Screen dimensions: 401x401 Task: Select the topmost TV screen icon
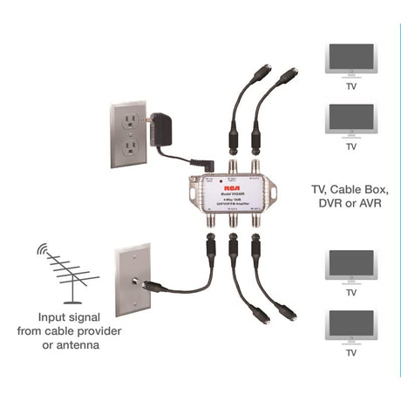click(x=350, y=62)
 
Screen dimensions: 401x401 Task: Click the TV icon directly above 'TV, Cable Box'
click(x=350, y=119)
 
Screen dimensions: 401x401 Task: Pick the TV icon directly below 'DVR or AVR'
click(x=350, y=266)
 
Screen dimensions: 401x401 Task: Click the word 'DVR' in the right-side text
click(x=328, y=203)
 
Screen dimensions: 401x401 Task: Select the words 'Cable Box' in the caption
click(x=361, y=187)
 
